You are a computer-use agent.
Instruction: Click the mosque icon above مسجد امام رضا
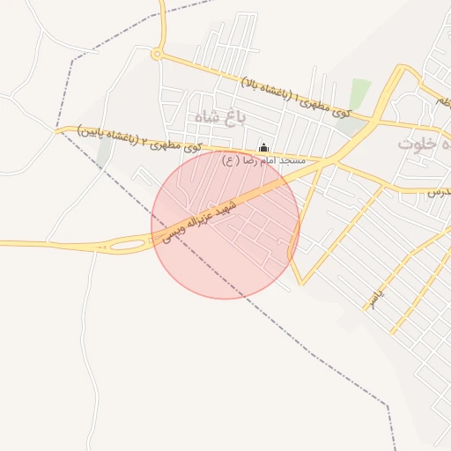(263, 147)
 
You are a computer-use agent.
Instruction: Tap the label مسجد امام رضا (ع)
(263, 161)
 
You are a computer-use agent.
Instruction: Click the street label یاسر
(376, 296)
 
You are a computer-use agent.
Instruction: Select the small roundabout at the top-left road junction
(157, 55)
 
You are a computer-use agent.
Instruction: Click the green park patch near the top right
(359, 94)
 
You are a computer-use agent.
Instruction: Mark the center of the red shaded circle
(225, 225)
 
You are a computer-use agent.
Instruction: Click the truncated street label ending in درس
(440, 190)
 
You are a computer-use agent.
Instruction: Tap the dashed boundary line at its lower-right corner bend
(386, 405)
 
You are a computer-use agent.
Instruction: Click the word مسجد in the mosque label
(292, 161)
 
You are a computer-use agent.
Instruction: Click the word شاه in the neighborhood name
(201, 116)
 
